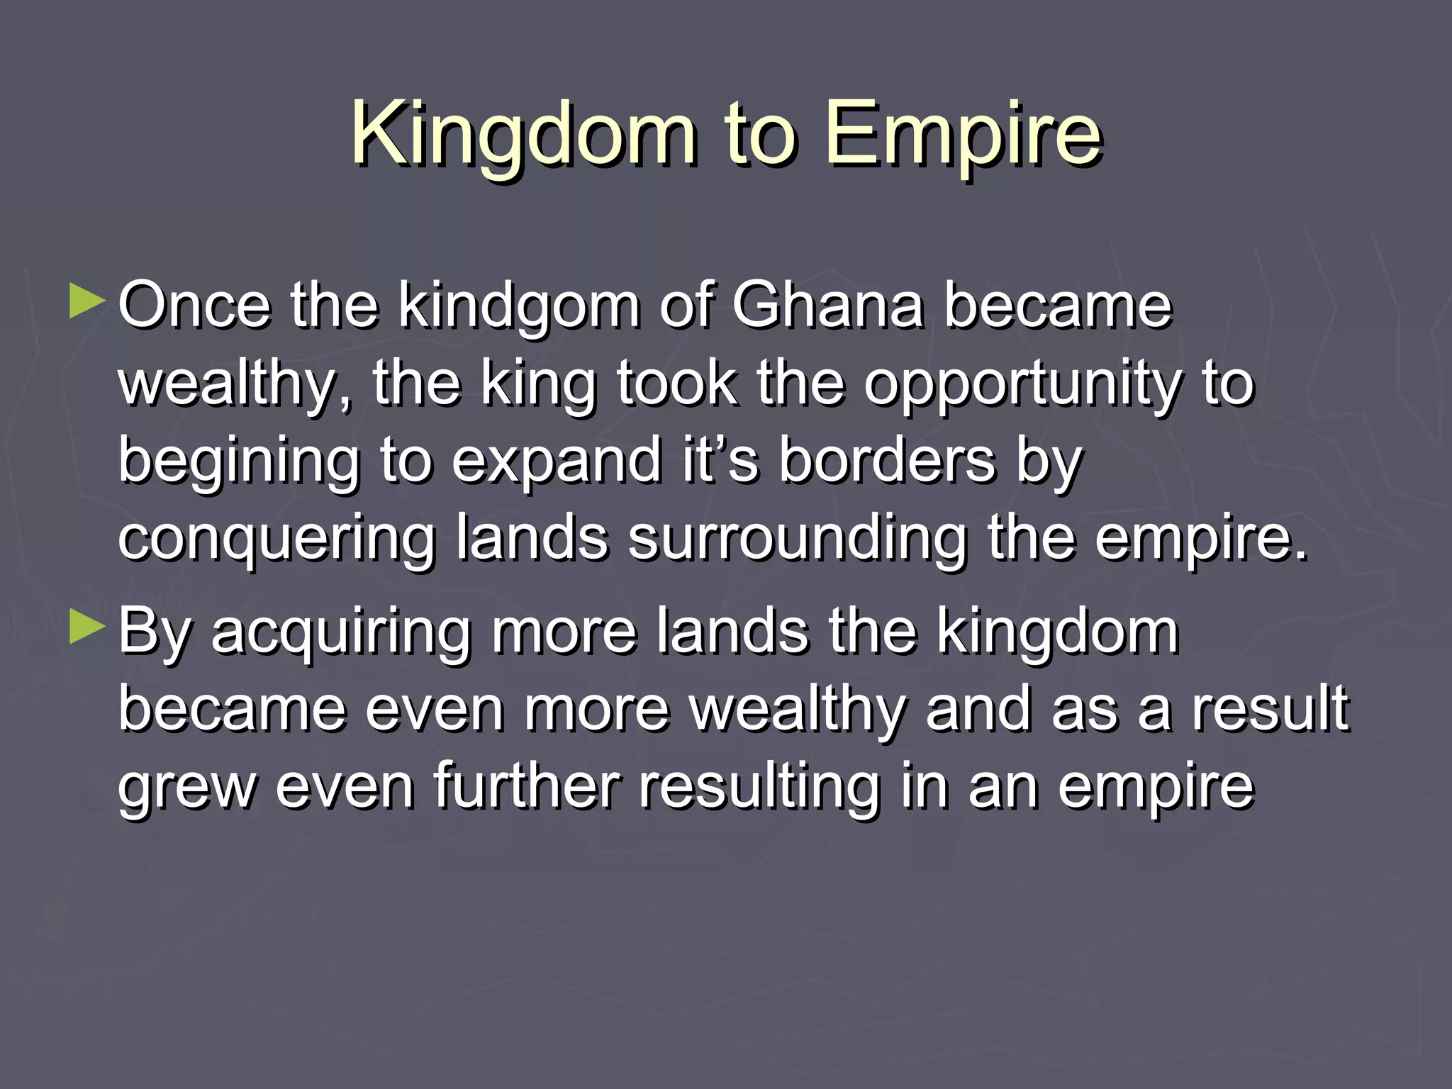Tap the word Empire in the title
pos(964,135)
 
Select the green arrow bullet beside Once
pos(87,302)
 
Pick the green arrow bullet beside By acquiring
pos(87,627)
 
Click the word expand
pos(557,462)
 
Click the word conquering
pos(276,540)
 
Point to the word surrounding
pos(797,540)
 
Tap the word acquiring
pos(341,632)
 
